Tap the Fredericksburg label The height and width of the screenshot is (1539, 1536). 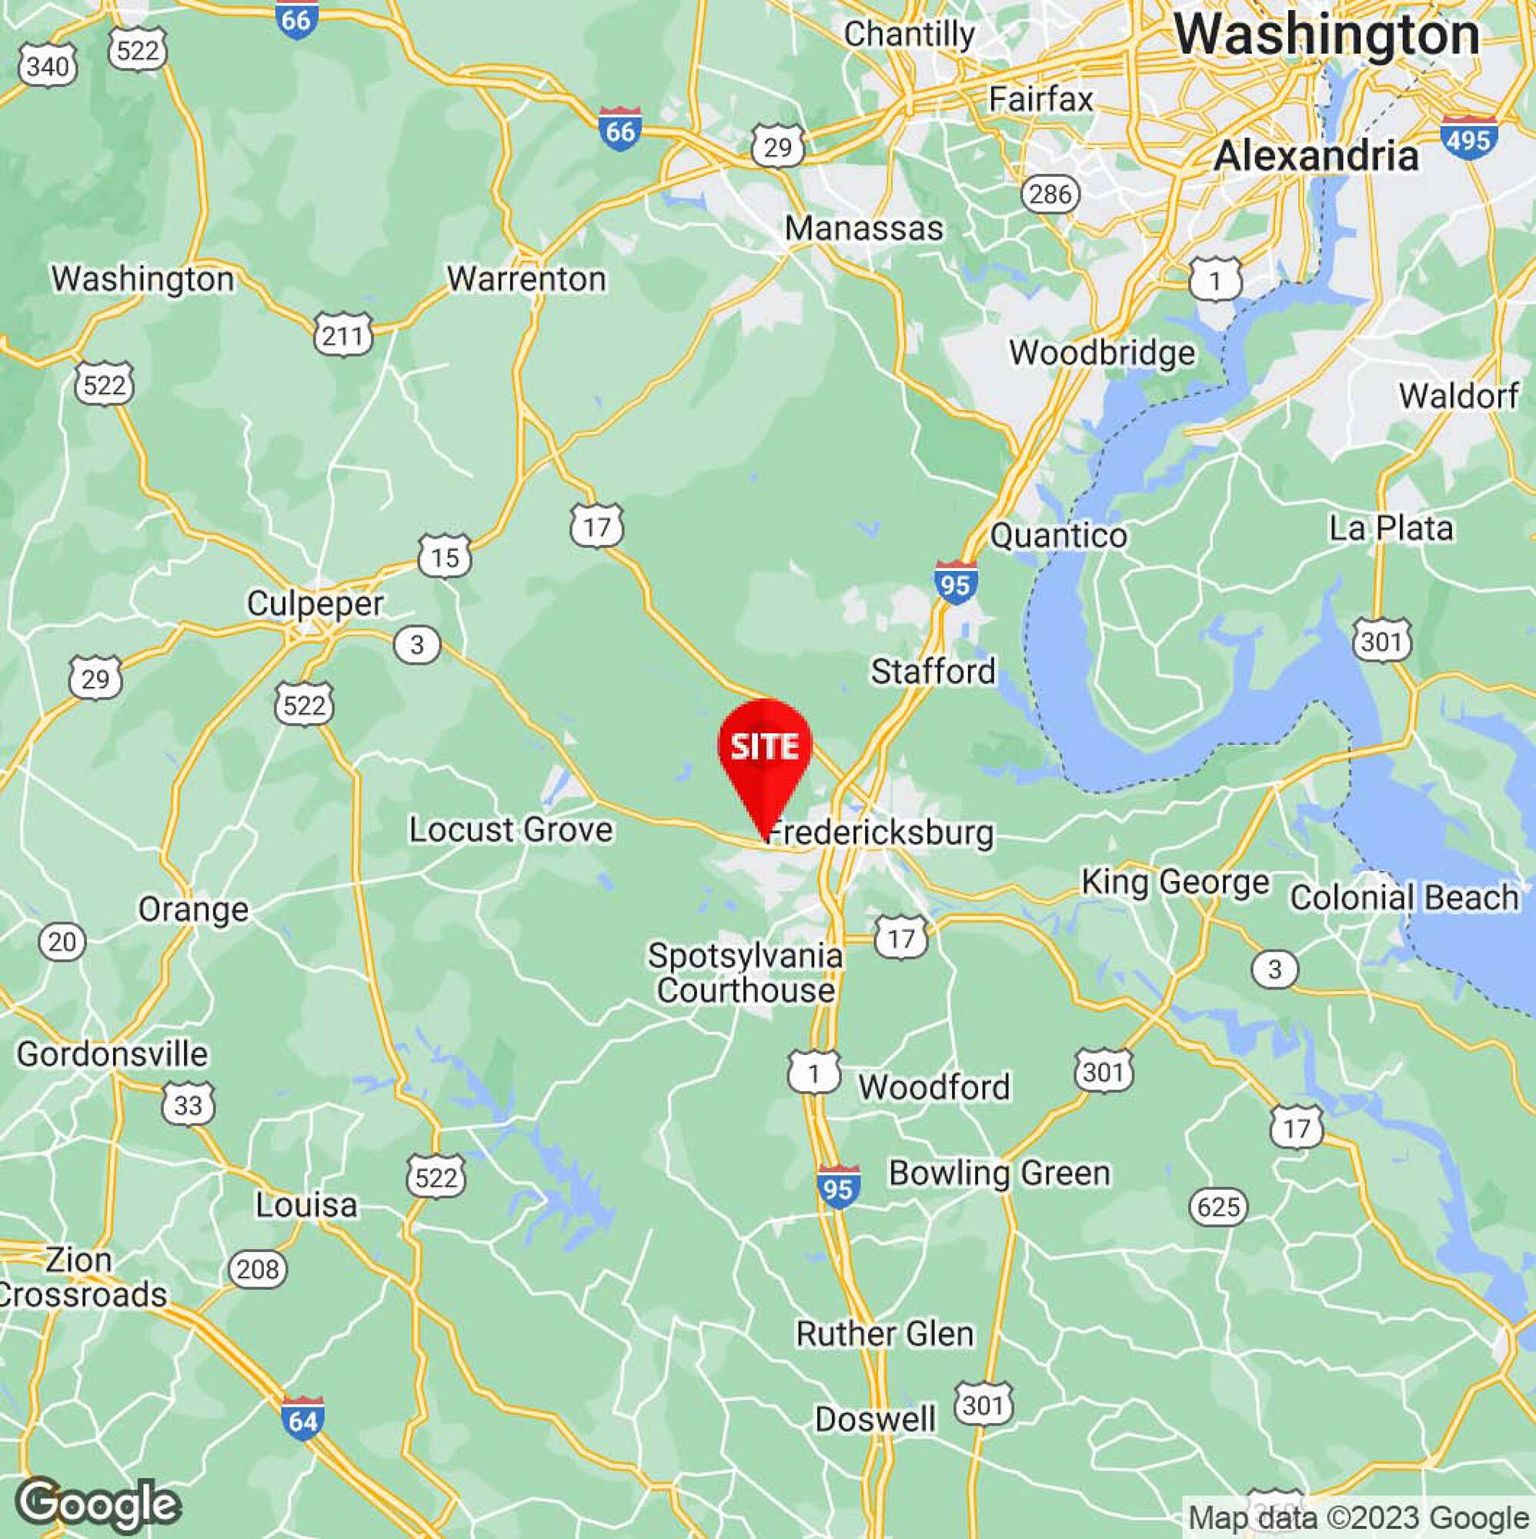coord(880,833)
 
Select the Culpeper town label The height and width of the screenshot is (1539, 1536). coord(315,603)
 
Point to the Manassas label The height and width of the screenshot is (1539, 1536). coord(863,229)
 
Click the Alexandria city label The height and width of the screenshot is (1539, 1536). coord(1315,155)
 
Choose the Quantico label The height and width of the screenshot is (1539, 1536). coord(1058,536)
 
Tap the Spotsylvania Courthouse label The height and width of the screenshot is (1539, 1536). coord(745,973)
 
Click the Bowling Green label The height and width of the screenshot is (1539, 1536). coord(999,1173)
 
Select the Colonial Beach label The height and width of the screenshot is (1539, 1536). coord(1404,898)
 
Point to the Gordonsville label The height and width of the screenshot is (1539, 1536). coord(112,1054)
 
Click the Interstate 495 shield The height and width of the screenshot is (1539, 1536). coord(1468,138)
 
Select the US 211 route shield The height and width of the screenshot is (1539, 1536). coord(343,336)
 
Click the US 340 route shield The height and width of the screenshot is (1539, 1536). coord(48,67)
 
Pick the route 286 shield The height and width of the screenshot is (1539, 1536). coord(1050,194)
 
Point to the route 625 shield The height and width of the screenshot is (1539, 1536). coord(1218,1207)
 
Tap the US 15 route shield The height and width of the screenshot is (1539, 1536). coord(445,557)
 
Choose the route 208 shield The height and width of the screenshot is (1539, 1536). coord(257,1268)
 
